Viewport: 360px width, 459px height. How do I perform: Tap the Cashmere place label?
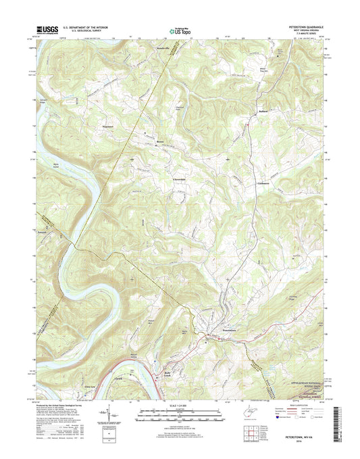click(x=264, y=183)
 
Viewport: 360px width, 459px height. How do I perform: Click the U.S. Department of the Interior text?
click(x=81, y=27)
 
